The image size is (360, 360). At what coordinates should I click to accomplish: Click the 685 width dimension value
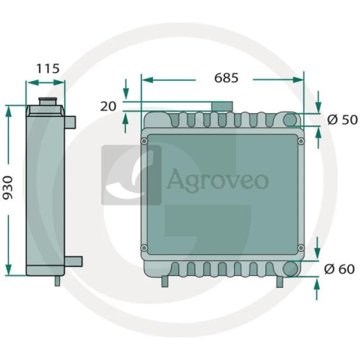pyautogui.click(x=226, y=78)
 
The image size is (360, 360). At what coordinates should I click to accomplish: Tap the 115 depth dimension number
pyautogui.click(x=48, y=68)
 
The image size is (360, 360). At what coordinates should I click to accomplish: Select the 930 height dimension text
pyautogui.click(x=7, y=188)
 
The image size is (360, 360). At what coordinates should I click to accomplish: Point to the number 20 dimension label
pyautogui.click(x=108, y=106)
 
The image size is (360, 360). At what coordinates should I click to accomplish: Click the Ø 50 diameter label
pyautogui.click(x=342, y=120)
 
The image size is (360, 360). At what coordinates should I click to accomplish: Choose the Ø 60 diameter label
pyautogui.click(x=339, y=269)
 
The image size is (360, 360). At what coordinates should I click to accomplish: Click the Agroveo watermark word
pyautogui.click(x=217, y=179)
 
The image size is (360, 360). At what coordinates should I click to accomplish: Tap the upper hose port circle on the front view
pyautogui.click(x=289, y=119)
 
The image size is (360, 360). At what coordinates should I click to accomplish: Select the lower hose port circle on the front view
pyautogui.click(x=291, y=268)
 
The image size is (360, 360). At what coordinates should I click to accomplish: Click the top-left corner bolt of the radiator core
pyautogui.click(x=144, y=141)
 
